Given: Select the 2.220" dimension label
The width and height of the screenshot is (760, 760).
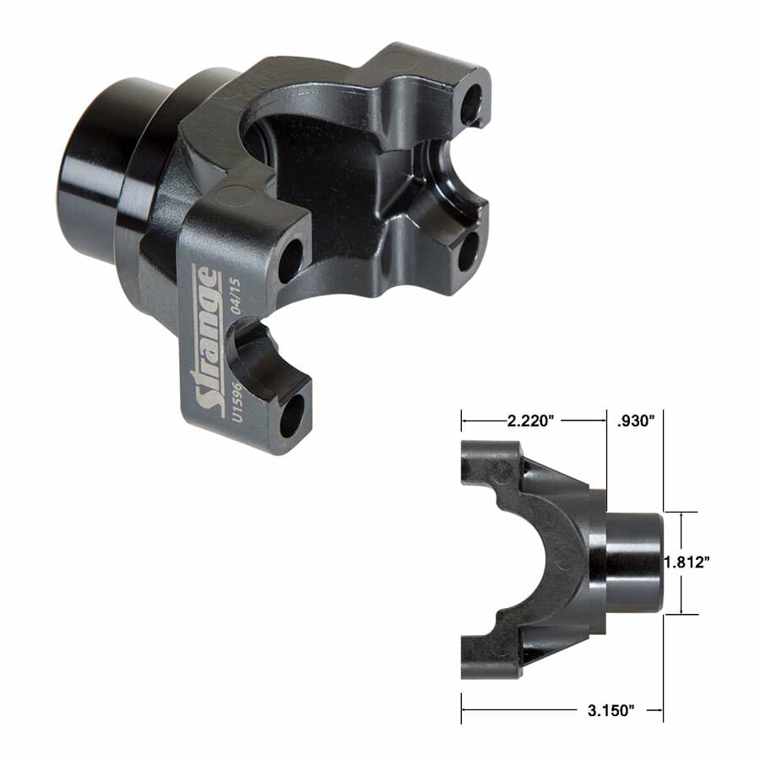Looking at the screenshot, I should tap(534, 421).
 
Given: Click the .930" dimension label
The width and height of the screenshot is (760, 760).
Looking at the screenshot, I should tap(637, 421).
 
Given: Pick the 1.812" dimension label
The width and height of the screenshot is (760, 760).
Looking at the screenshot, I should tap(685, 562).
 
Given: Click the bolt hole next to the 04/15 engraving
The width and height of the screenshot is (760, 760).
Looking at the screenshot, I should tap(289, 261).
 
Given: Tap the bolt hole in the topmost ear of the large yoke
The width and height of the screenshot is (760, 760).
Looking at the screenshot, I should tap(474, 102).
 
